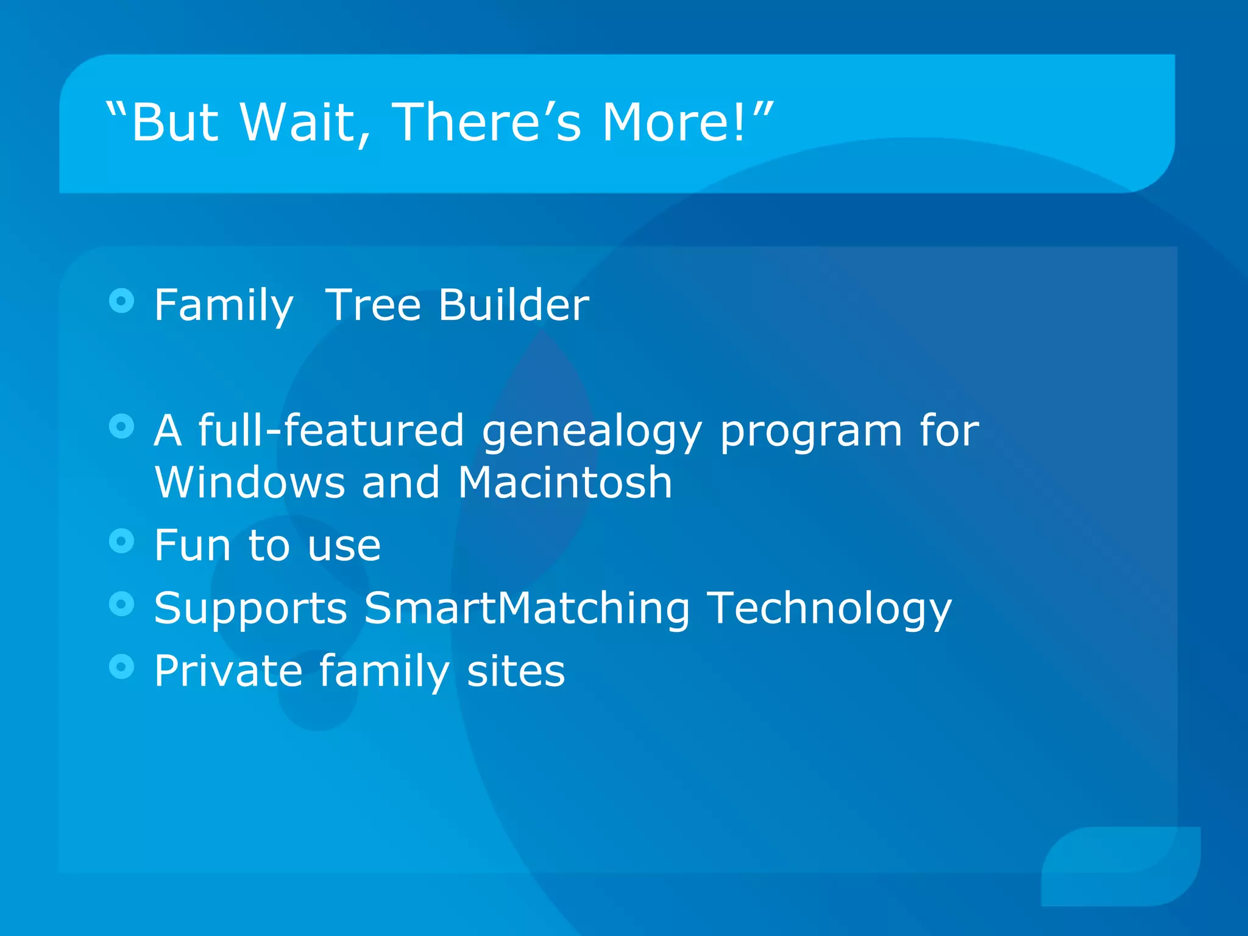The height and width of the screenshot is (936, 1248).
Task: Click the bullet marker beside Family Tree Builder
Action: click(121, 300)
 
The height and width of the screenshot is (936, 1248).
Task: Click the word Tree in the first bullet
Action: click(373, 304)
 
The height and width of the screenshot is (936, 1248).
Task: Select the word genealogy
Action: click(591, 431)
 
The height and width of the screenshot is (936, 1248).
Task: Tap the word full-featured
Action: click(331, 430)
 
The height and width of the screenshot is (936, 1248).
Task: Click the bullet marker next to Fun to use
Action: click(121, 541)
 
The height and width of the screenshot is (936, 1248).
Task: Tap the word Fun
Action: click(192, 545)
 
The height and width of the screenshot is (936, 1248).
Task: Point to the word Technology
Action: click(830, 609)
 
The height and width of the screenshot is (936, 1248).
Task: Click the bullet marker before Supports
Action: click(121, 604)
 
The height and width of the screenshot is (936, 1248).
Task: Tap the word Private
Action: click(228, 671)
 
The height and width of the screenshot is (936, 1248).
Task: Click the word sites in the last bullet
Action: click(516, 671)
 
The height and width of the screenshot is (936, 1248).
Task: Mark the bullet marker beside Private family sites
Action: click(121, 667)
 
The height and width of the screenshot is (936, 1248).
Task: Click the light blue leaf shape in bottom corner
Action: click(1121, 865)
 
